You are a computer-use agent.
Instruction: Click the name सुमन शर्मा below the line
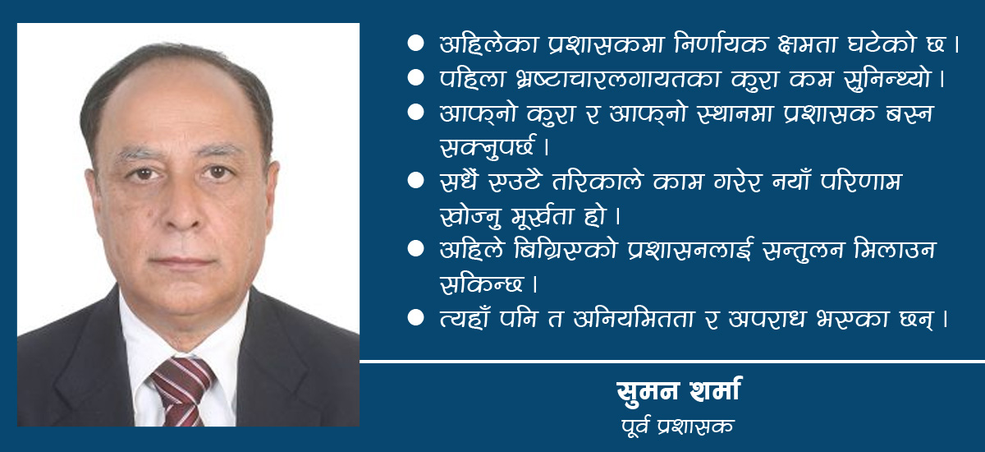tap(679, 391)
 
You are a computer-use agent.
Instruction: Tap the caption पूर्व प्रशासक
tap(678, 426)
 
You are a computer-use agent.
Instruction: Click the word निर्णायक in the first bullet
tap(722, 44)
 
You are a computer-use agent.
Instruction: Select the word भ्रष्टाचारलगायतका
tap(618, 79)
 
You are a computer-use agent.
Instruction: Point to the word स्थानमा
tap(735, 113)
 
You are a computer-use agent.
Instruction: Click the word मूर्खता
tap(543, 215)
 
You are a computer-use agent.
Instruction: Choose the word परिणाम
tap(861, 182)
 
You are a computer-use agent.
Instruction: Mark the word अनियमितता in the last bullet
tap(634, 319)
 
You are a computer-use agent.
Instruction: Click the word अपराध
tap(767, 319)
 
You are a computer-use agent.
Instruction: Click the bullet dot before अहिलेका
tap(415, 44)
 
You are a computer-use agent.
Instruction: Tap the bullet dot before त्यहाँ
tap(415, 318)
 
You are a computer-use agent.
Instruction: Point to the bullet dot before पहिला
tap(415, 78)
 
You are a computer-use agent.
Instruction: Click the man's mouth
tap(182, 261)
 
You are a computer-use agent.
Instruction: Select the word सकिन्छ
tap(481, 284)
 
